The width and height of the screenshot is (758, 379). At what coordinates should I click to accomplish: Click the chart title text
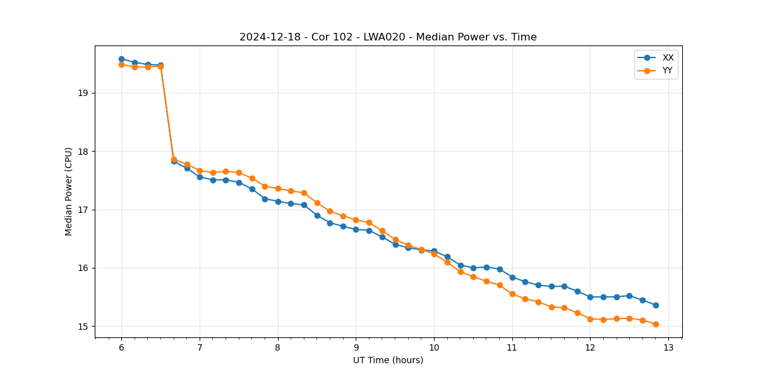(x=388, y=37)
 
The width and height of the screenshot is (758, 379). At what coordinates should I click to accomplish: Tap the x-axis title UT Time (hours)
(x=388, y=360)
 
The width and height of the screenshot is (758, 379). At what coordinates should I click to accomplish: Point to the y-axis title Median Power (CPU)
(x=69, y=191)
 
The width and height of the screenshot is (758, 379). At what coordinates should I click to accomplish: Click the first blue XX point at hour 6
(x=121, y=59)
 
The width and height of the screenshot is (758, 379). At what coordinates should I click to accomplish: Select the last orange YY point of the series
(x=656, y=324)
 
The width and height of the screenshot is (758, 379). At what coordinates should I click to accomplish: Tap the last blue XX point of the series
(x=656, y=305)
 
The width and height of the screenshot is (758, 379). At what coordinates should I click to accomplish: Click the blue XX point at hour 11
(x=512, y=277)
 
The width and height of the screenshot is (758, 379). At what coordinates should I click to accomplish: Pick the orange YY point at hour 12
(x=590, y=319)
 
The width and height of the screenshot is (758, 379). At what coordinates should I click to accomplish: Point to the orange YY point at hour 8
(x=278, y=188)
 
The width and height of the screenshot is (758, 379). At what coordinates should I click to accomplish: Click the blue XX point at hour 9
(x=356, y=229)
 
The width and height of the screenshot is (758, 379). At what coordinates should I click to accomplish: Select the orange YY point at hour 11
(x=512, y=294)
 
